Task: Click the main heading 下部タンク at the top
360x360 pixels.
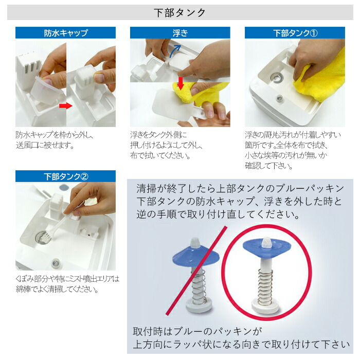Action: [x=180, y=13]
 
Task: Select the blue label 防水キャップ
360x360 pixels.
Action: [x=65, y=33]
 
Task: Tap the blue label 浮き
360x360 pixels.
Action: [x=180, y=33]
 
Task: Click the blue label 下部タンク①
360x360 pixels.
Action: [x=295, y=33]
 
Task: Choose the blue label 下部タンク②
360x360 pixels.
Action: [x=65, y=176]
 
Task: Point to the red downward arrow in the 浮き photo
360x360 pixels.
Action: [x=180, y=82]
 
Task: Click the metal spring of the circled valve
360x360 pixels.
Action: [x=264, y=285]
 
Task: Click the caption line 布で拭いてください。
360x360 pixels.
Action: [x=157, y=155]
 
